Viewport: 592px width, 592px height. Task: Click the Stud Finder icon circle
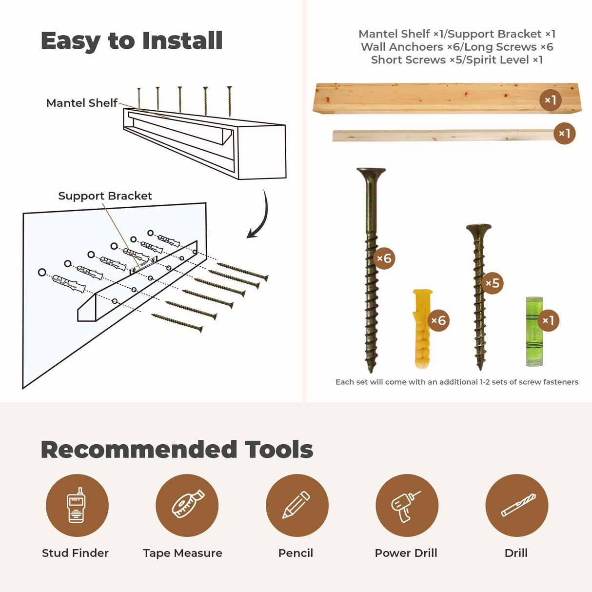[77, 505]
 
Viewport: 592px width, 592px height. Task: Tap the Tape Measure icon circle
[187, 505]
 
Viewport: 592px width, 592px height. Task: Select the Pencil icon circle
[297, 505]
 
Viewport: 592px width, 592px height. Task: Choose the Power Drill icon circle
[407, 505]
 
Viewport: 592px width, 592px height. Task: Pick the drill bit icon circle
[517, 505]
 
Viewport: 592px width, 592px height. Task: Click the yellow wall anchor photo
[422, 328]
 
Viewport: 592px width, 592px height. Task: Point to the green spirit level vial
[534, 331]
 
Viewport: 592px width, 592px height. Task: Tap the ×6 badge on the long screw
[384, 258]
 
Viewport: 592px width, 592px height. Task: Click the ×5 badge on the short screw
[493, 283]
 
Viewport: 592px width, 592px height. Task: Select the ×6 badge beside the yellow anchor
[438, 320]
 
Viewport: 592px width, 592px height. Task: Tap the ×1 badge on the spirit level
[548, 320]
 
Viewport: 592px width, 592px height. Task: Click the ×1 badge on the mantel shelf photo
[551, 100]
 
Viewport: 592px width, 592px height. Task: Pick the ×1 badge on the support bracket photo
[564, 133]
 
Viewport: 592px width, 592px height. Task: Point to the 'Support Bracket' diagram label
[105, 196]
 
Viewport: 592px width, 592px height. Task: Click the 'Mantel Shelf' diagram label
[82, 103]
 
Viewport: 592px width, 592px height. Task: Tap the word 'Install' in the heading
[182, 40]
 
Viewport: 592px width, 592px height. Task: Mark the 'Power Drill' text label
[406, 553]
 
